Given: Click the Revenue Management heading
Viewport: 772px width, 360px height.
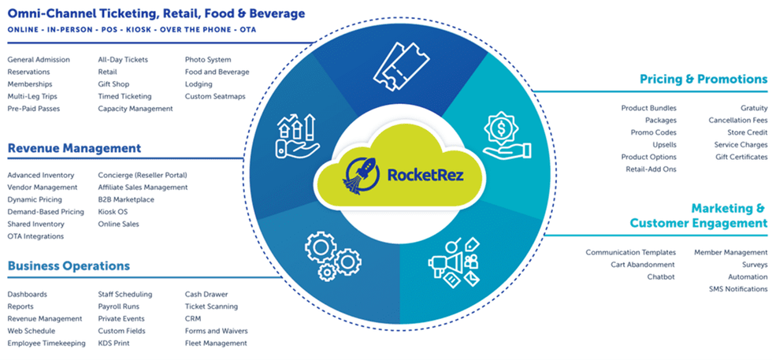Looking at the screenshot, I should [74, 148].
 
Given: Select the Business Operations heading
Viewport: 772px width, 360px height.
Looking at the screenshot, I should [69, 266].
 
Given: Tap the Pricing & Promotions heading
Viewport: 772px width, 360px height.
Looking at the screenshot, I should [703, 80].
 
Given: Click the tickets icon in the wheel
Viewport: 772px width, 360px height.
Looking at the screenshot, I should [399, 66].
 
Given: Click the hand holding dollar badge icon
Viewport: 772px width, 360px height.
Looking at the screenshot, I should [503, 135].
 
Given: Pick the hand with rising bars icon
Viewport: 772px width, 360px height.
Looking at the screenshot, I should [296, 135].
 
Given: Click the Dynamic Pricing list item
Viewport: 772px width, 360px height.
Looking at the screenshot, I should [34, 200].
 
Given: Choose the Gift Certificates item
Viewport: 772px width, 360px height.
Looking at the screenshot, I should [740, 157].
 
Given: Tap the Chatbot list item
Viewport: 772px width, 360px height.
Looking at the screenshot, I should [661, 277].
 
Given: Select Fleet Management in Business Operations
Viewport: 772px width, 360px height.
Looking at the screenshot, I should [216, 343].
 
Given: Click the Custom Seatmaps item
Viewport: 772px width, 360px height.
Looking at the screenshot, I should [216, 97].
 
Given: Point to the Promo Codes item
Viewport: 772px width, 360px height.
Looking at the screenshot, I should [653, 132].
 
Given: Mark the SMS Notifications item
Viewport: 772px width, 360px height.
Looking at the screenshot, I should [737, 290].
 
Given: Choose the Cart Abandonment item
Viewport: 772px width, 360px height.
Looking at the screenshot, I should [643, 265].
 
